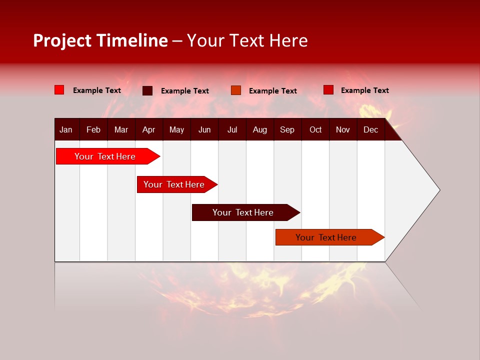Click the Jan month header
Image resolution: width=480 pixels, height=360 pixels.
(66, 129)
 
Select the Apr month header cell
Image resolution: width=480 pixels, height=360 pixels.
(148, 129)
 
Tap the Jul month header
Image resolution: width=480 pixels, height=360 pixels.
(232, 129)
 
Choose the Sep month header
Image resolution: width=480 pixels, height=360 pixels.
(287, 129)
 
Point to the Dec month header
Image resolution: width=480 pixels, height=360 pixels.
(370, 129)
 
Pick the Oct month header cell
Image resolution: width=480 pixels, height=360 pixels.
(315, 129)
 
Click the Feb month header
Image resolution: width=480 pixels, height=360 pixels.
(93, 129)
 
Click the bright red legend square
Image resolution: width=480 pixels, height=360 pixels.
(59, 90)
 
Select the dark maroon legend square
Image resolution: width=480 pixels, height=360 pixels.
(147, 90)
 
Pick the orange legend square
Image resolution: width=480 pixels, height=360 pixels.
(236, 90)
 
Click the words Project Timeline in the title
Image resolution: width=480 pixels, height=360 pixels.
(100, 40)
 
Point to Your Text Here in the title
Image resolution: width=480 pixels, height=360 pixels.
(247, 40)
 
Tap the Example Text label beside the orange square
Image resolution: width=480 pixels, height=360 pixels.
(272, 91)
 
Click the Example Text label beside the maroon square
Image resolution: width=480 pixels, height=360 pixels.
(184, 91)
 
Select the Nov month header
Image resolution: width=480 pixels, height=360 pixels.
(343, 129)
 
